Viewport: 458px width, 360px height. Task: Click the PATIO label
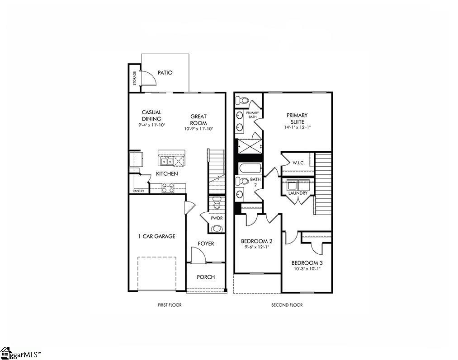(165, 73)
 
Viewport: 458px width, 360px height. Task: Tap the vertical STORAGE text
(134, 78)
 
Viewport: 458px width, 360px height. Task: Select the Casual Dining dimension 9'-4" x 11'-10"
(151, 125)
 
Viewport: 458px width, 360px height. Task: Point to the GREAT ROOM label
(198, 120)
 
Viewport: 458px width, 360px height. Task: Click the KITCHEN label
(167, 174)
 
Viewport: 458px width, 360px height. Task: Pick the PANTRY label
(138, 191)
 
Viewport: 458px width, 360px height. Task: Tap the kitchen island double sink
(165, 161)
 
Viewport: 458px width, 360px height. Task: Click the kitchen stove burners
(168, 187)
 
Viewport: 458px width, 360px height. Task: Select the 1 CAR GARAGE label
(156, 236)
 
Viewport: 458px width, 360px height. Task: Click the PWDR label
(217, 218)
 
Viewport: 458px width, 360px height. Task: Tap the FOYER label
(206, 244)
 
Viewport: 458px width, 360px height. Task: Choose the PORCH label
(206, 277)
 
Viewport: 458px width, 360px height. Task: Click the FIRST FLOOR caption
(170, 305)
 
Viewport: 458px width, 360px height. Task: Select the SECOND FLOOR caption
(287, 305)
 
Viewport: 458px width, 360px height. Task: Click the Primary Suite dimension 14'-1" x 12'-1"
(297, 127)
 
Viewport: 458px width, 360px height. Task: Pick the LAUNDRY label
(298, 193)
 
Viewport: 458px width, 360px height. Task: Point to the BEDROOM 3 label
(307, 263)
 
